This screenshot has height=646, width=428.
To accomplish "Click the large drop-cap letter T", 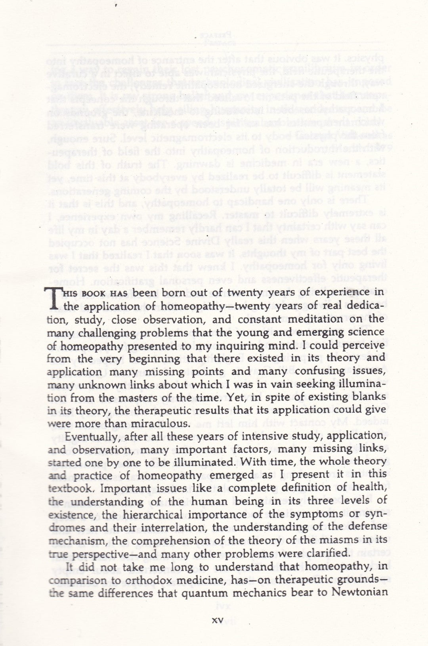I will tap(55, 298).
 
